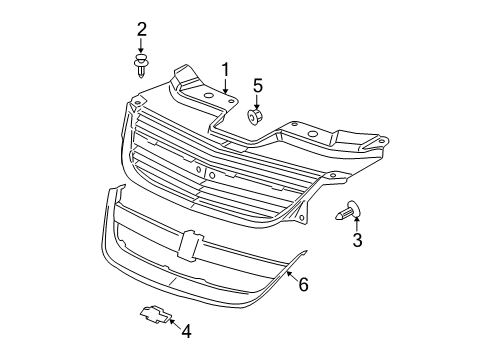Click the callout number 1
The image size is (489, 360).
pyautogui.click(x=226, y=70)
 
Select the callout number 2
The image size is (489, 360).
pyautogui.click(x=141, y=28)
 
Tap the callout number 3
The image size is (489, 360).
pyautogui.click(x=357, y=240)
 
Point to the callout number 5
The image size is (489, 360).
pyautogui.click(x=257, y=86)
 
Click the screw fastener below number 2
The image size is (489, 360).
pyautogui.click(x=141, y=68)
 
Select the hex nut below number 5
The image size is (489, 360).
pyautogui.click(x=254, y=118)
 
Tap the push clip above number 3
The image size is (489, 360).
pyautogui.click(x=350, y=210)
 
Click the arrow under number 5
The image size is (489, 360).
pyautogui.click(x=256, y=103)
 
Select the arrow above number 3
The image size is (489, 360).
pyautogui.click(x=356, y=222)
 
